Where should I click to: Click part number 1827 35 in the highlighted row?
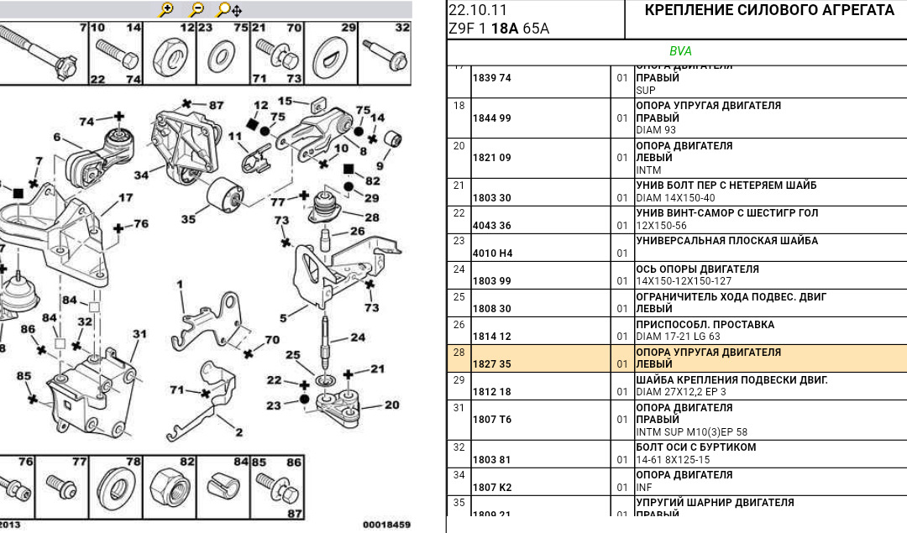pyautogui.click(x=491, y=364)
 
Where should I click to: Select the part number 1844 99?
pyautogui.click(x=491, y=118)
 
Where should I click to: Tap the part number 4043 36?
pyautogui.click(x=491, y=225)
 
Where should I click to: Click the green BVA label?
pyautogui.click(x=680, y=51)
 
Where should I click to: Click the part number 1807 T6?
pyautogui.click(x=491, y=420)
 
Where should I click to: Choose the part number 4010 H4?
pyautogui.click(x=491, y=253)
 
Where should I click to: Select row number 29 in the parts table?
pyautogui.click(x=459, y=380)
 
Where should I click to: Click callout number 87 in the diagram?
pyautogui.click(x=216, y=106)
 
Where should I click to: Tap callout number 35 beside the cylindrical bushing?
pyautogui.click(x=188, y=219)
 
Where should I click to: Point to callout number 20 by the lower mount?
pyautogui.click(x=392, y=405)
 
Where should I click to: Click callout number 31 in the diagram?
pyautogui.click(x=139, y=334)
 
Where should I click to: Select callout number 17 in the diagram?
pyautogui.click(x=125, y=199)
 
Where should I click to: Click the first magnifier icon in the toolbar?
pyautogui.click(x=166, y=10)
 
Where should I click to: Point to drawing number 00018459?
pyautogui.click(x=386, y=525)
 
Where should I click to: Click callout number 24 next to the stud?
pyautogui.click(x=359, y=338)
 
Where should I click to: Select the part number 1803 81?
pyautogui.click(x=491, y=460)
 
